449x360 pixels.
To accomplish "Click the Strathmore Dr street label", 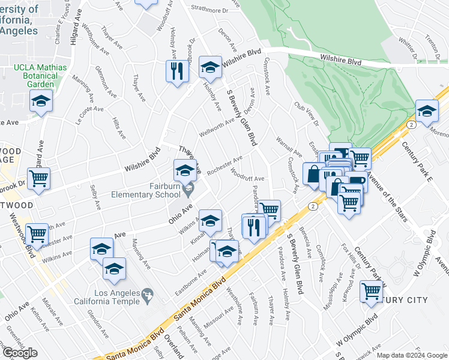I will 211,9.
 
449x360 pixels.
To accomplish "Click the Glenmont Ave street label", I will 106,85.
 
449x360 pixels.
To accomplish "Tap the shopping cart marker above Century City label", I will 372,292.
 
